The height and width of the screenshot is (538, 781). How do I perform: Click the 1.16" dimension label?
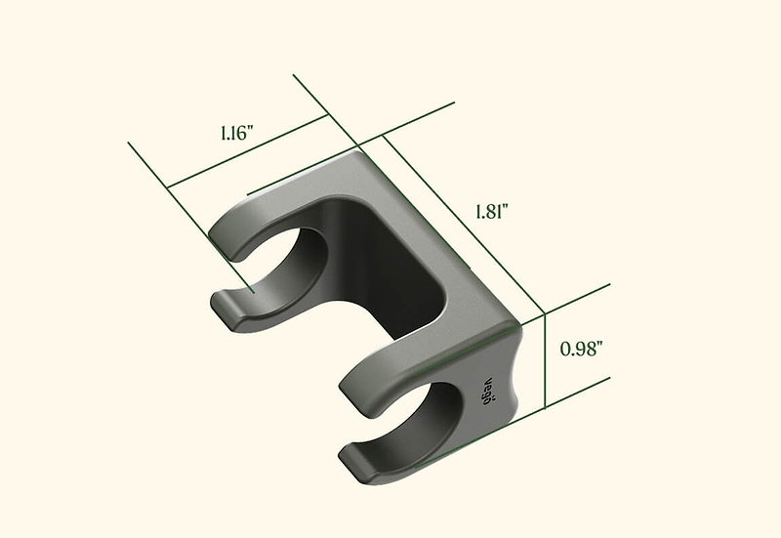pos(237,133)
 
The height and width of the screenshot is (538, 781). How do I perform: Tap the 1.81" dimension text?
pos(492,212)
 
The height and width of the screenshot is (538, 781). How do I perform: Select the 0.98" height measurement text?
pos(578,349)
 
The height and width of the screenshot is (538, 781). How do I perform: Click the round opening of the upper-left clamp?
pos(279,264)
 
